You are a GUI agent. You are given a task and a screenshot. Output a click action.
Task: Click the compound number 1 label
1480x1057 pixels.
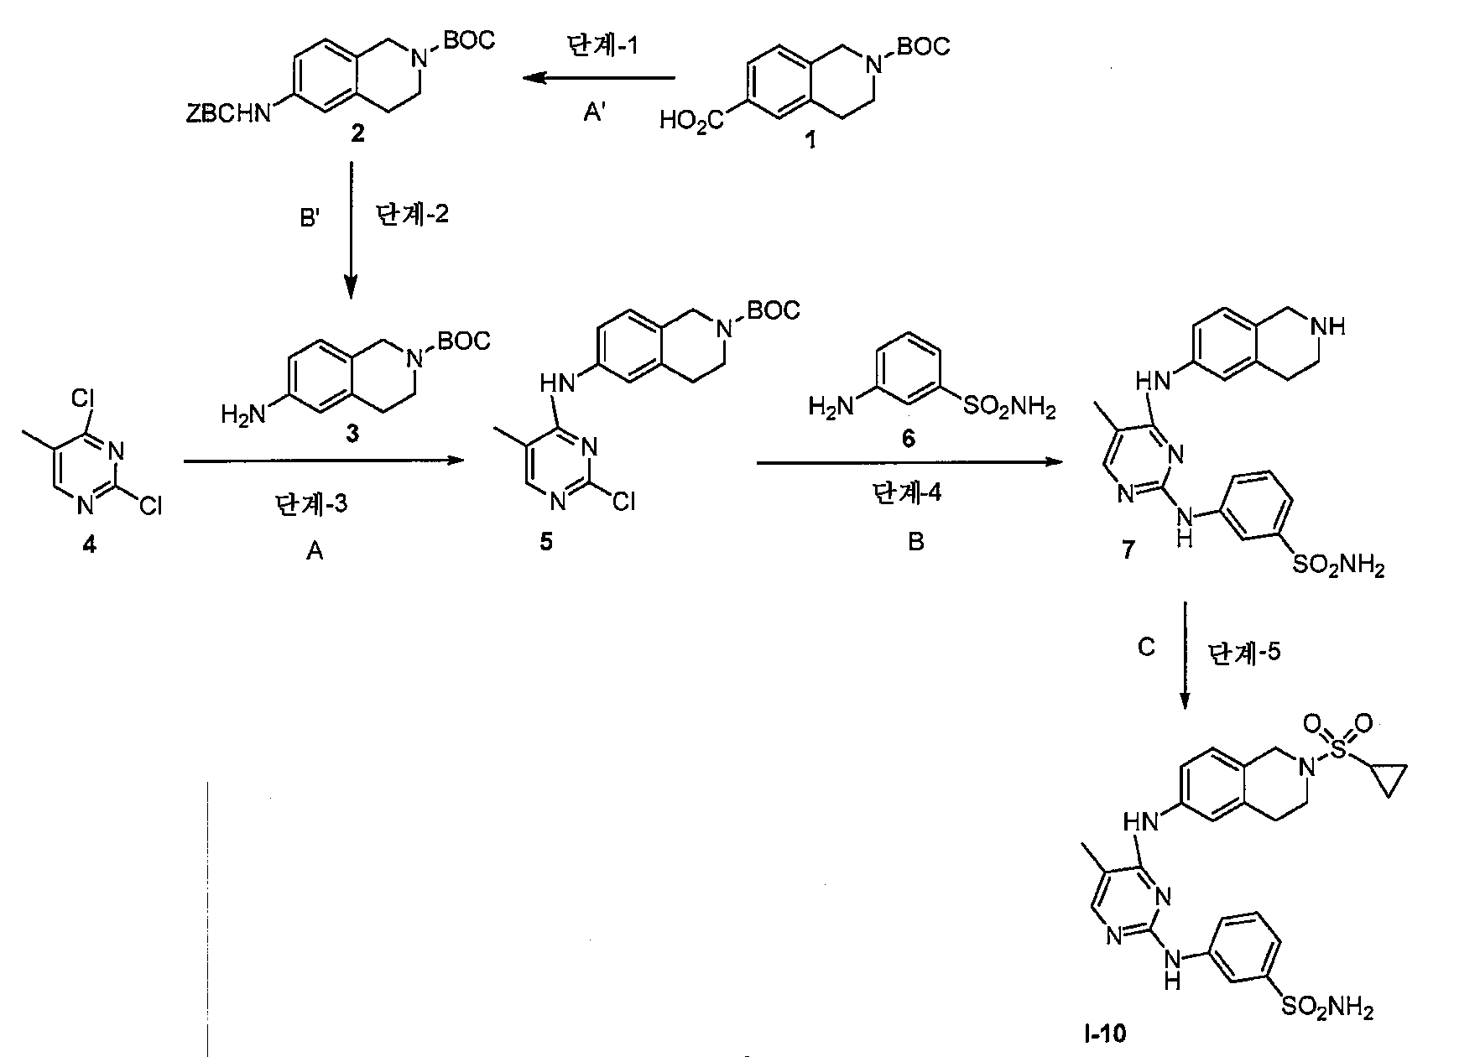[x=810, y=141]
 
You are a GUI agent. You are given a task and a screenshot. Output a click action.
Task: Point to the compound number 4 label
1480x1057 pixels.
[x=89, y=544]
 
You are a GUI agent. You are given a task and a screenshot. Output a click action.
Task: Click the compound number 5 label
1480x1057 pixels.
[x=546, y=543]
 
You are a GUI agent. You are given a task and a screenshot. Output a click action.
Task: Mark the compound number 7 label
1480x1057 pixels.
[x=1128, y=549]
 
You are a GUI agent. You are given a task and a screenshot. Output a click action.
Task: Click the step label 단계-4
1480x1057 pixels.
[x=907, y=493]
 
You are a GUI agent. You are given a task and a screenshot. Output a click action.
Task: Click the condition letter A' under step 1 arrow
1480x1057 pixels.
[x=594, y=113]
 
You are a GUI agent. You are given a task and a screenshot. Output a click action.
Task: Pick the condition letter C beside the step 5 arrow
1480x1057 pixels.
[x=1146, y=648]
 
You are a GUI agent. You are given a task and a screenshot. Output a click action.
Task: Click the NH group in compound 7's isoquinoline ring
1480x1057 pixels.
[x=1331, y=327]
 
